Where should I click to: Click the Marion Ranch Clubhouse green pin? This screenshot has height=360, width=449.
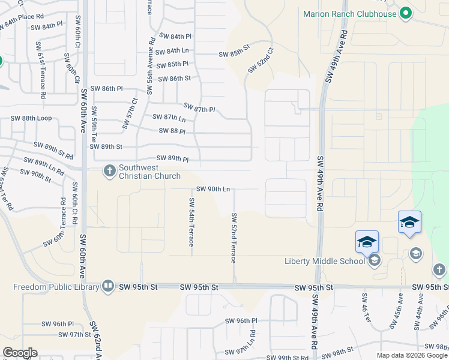(405, 13)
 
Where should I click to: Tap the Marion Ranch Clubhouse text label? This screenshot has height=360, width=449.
(350, 14)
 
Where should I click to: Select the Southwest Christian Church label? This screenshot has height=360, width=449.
(149, 172)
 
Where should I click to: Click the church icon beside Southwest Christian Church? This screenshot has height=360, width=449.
(109, 172)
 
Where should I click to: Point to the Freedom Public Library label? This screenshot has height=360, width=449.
(56, 286)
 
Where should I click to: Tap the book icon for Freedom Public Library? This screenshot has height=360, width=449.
(108, 286)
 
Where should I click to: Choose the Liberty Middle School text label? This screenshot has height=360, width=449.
(324, 260)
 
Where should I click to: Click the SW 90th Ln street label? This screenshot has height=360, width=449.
(211, 189)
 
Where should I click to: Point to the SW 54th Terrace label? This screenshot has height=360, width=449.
(191, 222)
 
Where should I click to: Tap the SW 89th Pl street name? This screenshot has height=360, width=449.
(173, 158)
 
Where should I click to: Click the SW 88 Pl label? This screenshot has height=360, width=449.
(172, 131)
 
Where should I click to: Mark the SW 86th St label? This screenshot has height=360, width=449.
(174, 79)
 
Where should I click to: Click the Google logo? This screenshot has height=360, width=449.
(20, 353)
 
